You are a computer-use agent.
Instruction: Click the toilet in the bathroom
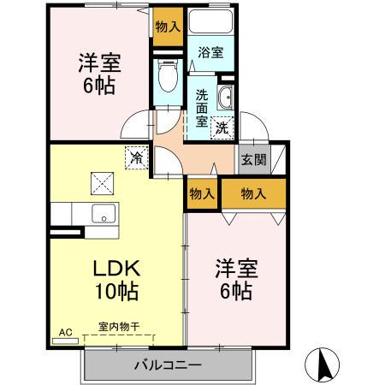click(x=168, y=75)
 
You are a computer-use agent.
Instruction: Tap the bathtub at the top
click(x=210, y=21)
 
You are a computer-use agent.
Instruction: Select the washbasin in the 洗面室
click(x=225, y=98)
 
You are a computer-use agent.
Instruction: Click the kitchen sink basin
click(x=104, y=213)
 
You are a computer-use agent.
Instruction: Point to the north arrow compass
click(x=322, y=365)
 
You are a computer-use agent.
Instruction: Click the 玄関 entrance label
click(x=253, y=160)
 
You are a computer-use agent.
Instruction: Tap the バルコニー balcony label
click(x=169, y=364)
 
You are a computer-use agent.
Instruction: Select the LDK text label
click(x=117, y=268)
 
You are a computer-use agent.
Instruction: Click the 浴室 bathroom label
click(x=210, y=52)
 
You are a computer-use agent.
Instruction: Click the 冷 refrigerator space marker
click(x=137, y=157)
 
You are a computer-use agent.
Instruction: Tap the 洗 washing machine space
click(x=222, y=127)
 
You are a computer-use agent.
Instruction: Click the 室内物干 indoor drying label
click(x=119, y=327)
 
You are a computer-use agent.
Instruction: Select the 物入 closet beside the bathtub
click(x=168, y=27)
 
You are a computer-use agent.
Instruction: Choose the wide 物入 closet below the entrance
click(x=254, y=194)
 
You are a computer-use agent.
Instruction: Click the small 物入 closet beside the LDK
click(x=202, y=194)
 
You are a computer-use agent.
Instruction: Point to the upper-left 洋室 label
click(x=100, y=62)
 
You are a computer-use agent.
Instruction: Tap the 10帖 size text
click(x=117, y=292)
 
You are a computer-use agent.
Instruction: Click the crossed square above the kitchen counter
click(x=102, y=183)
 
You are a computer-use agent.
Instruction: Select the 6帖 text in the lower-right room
click(x=236, y=291)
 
